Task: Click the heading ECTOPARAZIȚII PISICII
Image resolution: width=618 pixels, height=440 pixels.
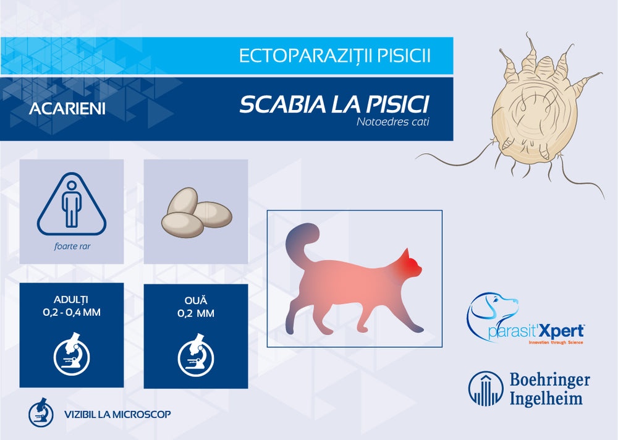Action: coord(334,56)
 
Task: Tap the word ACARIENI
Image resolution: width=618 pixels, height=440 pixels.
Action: coord(67,109)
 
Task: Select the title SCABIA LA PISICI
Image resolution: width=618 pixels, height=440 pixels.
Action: coord(334,104)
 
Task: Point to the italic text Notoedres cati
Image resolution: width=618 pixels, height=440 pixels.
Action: coord(392,122)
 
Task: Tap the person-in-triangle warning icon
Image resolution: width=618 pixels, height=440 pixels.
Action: coord(72,205)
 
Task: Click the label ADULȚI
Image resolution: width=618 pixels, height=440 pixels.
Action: coord(72,300)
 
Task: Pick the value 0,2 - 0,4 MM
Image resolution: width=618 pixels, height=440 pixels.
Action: coord(72,313)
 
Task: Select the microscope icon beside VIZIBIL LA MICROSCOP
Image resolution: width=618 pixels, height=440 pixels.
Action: coord(41,413)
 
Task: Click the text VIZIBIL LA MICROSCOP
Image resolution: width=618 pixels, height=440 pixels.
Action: coord(117,414)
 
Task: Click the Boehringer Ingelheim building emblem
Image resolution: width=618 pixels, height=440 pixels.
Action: coord(485,389)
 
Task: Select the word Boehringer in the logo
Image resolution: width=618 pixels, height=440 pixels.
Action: coord(549,379)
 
